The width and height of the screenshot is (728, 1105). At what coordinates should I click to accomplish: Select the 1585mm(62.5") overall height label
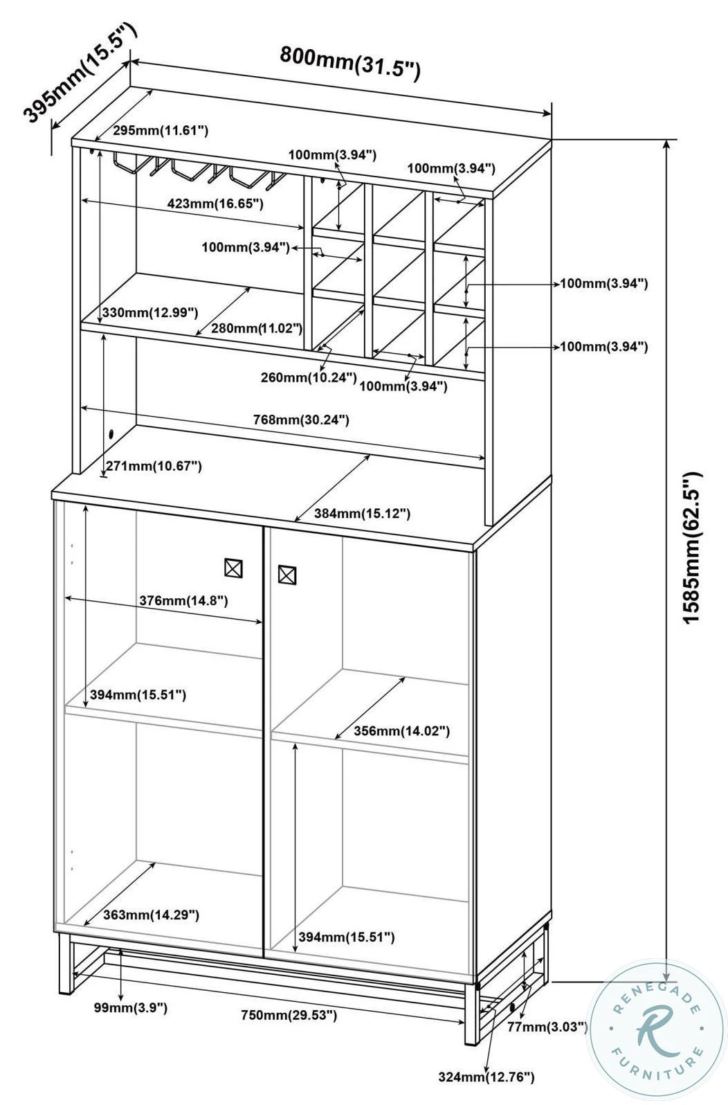coord(691,548)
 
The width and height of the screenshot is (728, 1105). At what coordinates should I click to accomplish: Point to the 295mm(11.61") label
coord(161,130)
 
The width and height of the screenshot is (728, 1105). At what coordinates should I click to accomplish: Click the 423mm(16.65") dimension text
coord(215,204)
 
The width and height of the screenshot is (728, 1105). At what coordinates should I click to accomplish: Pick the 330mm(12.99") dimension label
coord(149,313)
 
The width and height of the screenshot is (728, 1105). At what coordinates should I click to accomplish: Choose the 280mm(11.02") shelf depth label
coord(256,327)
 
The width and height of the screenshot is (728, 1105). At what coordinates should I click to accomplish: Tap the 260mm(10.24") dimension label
coord(309,377)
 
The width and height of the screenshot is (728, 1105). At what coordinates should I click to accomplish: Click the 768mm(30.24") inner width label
coord(301,420)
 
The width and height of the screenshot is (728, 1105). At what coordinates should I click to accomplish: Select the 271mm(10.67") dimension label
coord(154,466)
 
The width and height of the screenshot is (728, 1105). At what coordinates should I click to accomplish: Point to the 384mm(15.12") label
coord(362,514)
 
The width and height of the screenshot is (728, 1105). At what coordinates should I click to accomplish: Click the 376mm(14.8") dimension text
coord(183,600)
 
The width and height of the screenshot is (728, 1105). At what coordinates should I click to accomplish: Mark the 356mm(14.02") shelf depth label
coord(401,731)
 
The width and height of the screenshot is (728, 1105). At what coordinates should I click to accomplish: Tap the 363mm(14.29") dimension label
coord(151,915)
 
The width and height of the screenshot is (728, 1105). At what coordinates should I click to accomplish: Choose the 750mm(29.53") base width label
coord(289,1015)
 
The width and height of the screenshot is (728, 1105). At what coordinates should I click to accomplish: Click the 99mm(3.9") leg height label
coord(131,1008)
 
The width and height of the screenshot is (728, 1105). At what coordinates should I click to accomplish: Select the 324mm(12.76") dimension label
coord(486,1077)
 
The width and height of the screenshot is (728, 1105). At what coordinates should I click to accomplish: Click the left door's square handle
coord(234,568)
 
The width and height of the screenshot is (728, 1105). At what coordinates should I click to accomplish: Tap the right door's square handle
coord(286,574)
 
